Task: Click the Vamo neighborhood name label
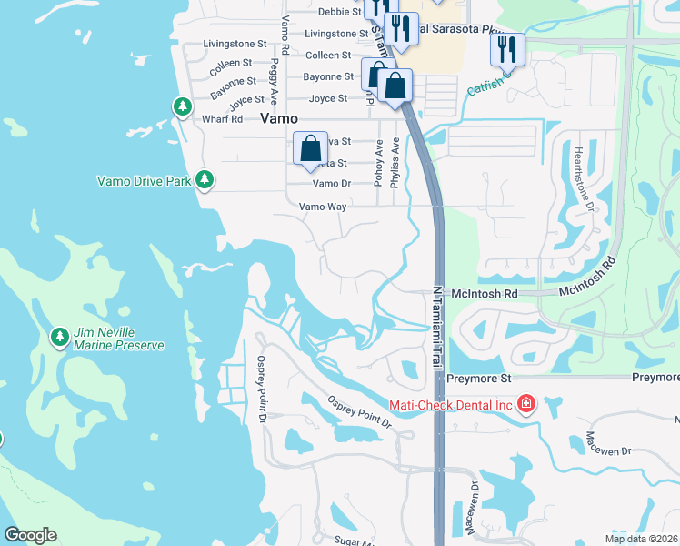tap(281, 118)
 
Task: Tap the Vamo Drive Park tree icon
tap(205, 180)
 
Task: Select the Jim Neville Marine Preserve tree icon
tap(60, 338)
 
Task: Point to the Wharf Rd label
tap(223, 119)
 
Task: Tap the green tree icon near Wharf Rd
tap(183, 107)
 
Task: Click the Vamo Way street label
tap(323, 207)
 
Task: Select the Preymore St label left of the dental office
tap(480, 378)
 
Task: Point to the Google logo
tap(30, 535)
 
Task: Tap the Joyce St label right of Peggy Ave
tap(328, 98)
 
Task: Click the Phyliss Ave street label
tap(395, 163)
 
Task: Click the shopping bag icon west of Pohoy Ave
tap(310, 148)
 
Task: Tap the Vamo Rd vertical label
tap(285, 35)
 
